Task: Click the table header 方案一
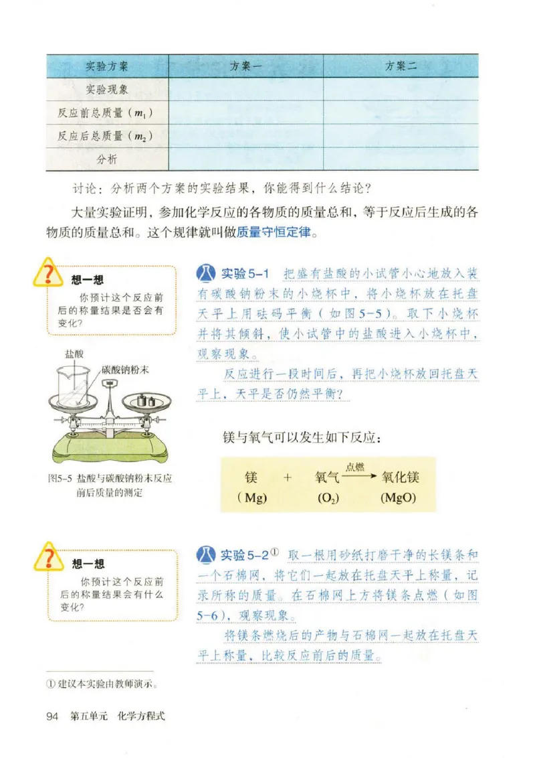246,66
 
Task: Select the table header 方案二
401,66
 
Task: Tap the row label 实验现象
107,89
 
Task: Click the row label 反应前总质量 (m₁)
106,112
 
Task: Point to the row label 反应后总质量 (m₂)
106,136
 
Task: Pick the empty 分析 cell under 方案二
401,159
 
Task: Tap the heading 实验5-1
245,274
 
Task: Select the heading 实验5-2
245,555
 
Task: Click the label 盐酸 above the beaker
74,354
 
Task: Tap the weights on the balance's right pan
146,400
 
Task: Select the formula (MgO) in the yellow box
399,498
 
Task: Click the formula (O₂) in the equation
328,498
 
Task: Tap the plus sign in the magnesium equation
288,477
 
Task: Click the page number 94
53,716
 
